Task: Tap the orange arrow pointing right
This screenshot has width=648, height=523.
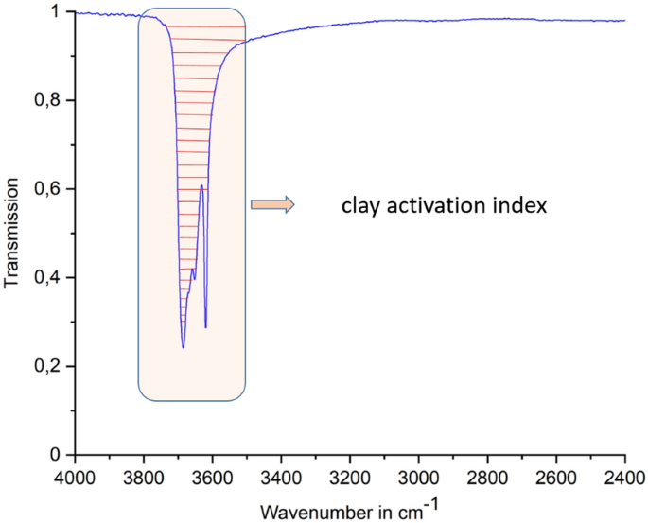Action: [x=272, y=204]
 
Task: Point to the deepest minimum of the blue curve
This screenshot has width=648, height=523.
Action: [x=184, y=347]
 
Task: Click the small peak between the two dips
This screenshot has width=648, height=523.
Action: [x=201, y=185]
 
